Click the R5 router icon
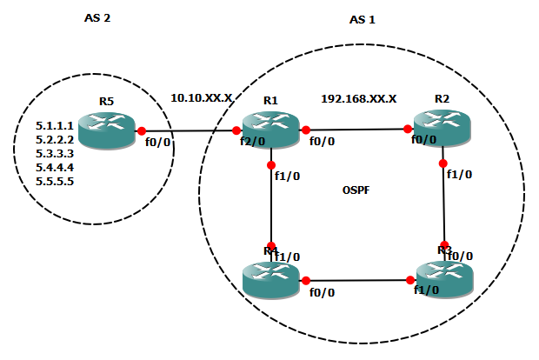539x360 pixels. (107, 130)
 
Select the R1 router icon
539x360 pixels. (271, 130)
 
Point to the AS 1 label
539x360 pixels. (362, 19)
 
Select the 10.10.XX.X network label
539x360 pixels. (201, 98)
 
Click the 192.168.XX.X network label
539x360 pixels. (359, 98)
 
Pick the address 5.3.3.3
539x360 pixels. (54, 153)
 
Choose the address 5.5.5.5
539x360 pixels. (54, 182)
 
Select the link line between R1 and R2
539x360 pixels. (356, 130)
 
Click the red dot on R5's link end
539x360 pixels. (141, 130)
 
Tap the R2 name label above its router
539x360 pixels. (443, 100)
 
